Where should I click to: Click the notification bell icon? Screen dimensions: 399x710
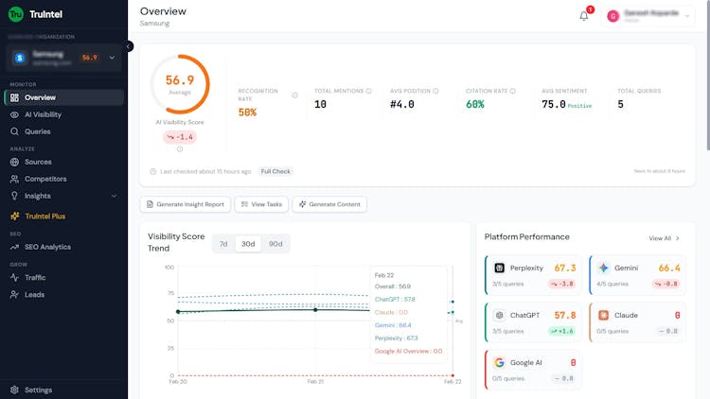tap(584, 15)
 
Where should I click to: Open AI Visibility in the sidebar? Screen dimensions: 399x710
tap(43, 114)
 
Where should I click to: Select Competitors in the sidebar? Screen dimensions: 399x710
tap(45, 179)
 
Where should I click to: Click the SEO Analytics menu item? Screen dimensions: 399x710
tap(47, 247)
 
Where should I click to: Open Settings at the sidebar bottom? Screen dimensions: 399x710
tap(38, 390)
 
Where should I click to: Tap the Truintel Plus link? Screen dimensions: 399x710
tap(45, 216)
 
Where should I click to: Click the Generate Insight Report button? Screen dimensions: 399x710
tap(186, 204)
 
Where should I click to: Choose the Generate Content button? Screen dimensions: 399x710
tap(329, 204)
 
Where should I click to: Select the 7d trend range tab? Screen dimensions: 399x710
tap(223, 243)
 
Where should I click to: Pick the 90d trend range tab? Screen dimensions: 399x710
tap(275, 243)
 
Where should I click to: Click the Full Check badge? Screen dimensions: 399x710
tap(276, 171)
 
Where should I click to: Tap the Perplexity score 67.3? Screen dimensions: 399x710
tap(565, 268)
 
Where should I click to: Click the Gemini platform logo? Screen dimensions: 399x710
tap(603, 268)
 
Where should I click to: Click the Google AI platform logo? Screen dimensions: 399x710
tap(500, 362)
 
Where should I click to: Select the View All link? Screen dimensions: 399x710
tap(660, 238)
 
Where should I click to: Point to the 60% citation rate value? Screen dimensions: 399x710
tap(475, 104)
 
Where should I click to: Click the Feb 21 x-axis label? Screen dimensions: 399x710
tap(315, 382)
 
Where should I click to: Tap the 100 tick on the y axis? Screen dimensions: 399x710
tap(169, 268)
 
